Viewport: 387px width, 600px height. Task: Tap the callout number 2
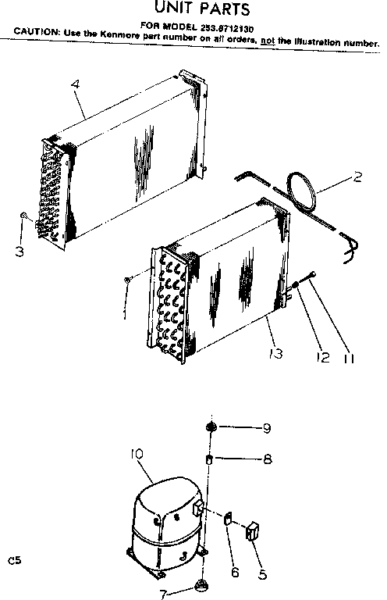tap(358, 177)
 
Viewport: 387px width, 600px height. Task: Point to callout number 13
tap(274, 354)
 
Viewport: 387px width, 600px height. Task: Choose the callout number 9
tap(267, 427)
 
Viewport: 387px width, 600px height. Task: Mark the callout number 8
tap(267, 459)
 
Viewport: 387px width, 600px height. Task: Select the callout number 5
tap(263, 574)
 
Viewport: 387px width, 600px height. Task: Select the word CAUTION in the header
tap(37, 33)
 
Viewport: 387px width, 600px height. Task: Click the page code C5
tap(13, 560)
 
